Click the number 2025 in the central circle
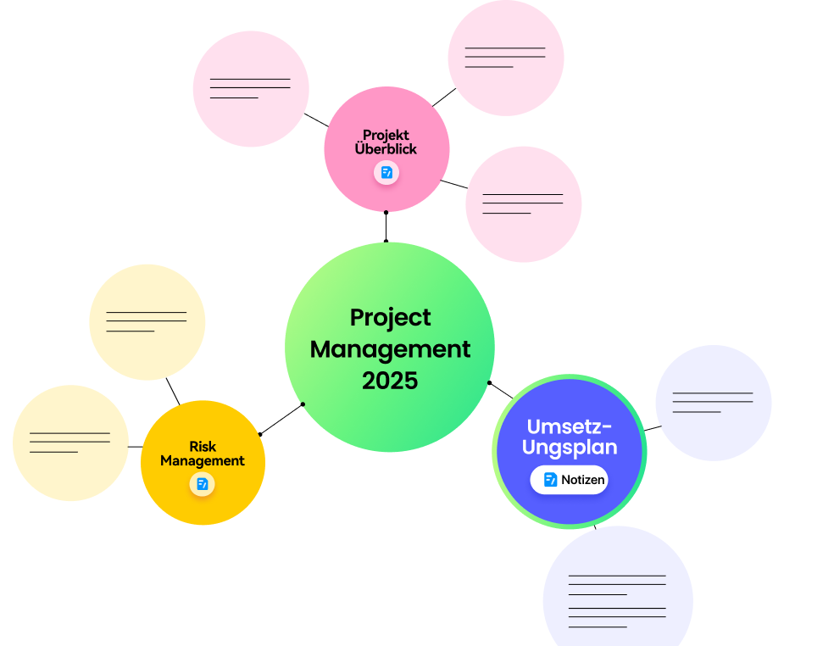(390, 381)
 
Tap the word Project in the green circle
(391, 318)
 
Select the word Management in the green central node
(390, 349)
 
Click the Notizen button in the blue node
(569, 480)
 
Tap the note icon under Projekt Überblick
(386, 172)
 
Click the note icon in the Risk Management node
(202, 484)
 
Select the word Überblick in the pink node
(386, 148)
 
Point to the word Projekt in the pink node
(386, 135)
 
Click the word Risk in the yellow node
(203, 447)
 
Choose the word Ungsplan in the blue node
(570, 447)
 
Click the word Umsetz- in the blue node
(569, 426)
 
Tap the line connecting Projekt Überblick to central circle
(386, 227)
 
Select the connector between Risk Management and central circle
(281, 420)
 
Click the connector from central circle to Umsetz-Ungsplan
(501, 390)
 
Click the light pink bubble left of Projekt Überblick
(251, 89)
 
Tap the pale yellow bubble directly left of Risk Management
(70, 443)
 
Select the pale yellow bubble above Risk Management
(147, 322)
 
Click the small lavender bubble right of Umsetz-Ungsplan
(714, 403)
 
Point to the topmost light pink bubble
(506, 58)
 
